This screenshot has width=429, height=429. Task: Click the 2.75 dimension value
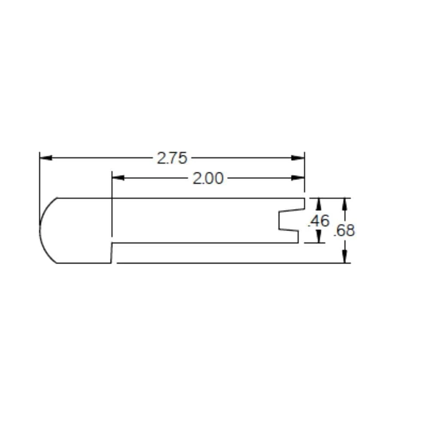pos(172,158)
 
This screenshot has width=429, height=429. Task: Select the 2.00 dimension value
pos(208,178)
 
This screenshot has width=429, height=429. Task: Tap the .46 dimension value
pos(319,221)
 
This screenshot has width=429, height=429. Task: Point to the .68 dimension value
pos(344,230)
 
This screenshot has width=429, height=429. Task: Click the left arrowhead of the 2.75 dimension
pos(45,158)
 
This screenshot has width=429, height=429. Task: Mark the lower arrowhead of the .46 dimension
pos(319,237)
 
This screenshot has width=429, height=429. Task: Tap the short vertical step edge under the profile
pos(112,253)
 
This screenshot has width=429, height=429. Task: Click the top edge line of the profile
pos(180,198)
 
